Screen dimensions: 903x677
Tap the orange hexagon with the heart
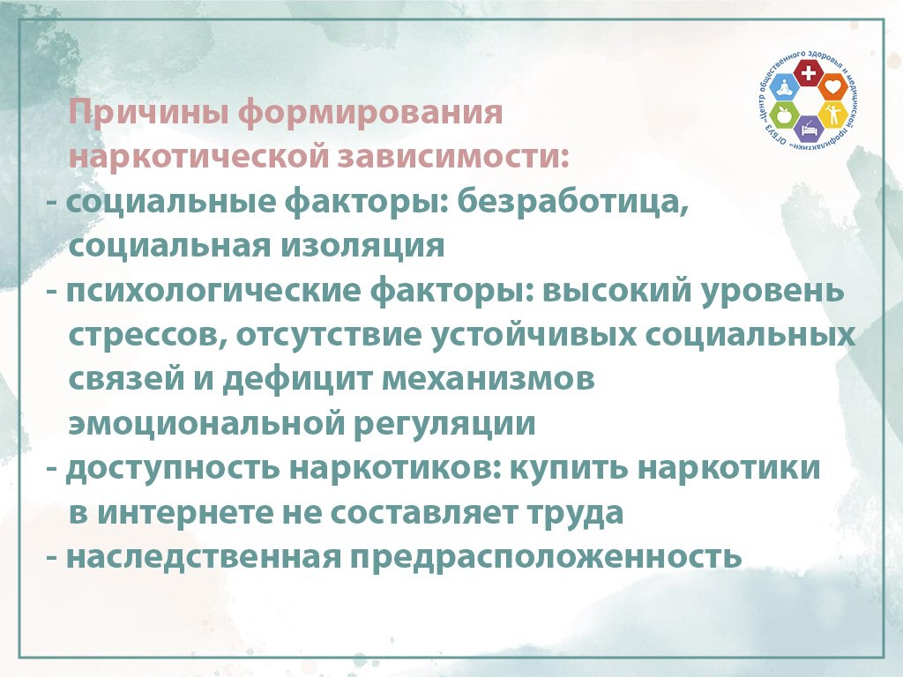(832, 87)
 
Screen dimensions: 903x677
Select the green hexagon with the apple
(784, 115)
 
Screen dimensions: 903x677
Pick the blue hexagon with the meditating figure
(784, 87)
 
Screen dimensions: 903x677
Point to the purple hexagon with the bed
(808, 129)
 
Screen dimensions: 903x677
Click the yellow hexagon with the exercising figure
(832, 115)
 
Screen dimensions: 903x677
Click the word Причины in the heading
(148, 113)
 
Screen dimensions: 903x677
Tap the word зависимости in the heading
(453, 157)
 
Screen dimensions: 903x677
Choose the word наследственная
(205, 557)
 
